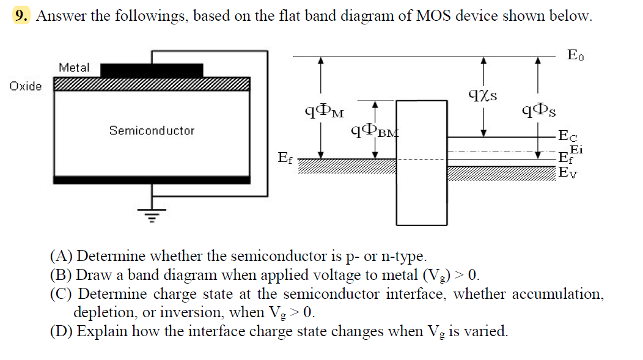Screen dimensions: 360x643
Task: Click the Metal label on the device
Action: pyautogui.click(x=74, y=67)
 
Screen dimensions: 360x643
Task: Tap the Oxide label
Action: pyautogui.click(x=26, y=86)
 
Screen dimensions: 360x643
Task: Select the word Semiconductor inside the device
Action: pyautogui.click(x=152, y=130)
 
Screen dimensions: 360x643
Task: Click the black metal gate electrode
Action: pyautogui.click(x=152, y=70)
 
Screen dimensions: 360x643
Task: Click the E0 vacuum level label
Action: pyautogui.click(x=575, y=56)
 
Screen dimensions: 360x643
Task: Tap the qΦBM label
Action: pyautogui.click(x=373, y=130)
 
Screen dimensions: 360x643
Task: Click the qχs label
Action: pyautogui.click(x=482, y=94)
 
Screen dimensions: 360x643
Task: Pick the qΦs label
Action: pyautogui.click(x=538, y=111)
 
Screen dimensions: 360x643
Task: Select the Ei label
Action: pyautogui.click(x=576, y=149)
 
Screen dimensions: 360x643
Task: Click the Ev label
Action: pyautogui.click(x=568, y=173)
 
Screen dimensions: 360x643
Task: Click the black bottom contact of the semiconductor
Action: pyautogui.click(x=152, y=180)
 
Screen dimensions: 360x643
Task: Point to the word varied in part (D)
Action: pyautogui.click(x=488, y=331)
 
